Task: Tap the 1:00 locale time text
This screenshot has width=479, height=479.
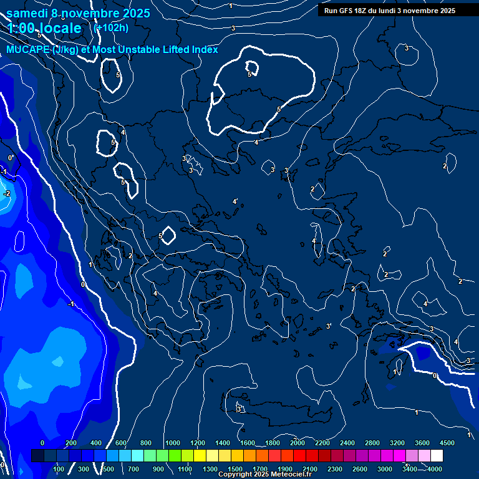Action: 45,28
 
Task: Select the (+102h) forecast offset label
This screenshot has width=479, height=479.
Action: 110,27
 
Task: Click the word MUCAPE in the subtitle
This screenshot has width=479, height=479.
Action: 28,49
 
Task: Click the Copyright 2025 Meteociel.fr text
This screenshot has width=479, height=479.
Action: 264,475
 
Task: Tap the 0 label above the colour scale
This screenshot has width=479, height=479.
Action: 42,443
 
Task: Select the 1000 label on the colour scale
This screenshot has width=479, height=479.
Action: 172,443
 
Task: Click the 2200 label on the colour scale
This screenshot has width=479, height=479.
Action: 322,443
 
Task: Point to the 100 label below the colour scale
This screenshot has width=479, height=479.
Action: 59,469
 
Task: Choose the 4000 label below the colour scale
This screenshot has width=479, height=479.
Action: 435,469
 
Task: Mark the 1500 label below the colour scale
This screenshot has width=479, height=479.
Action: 235,469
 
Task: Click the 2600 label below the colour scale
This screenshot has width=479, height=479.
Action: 360,469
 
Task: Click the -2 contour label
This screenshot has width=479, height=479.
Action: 6,194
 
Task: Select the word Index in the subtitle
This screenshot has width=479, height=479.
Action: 205,49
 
